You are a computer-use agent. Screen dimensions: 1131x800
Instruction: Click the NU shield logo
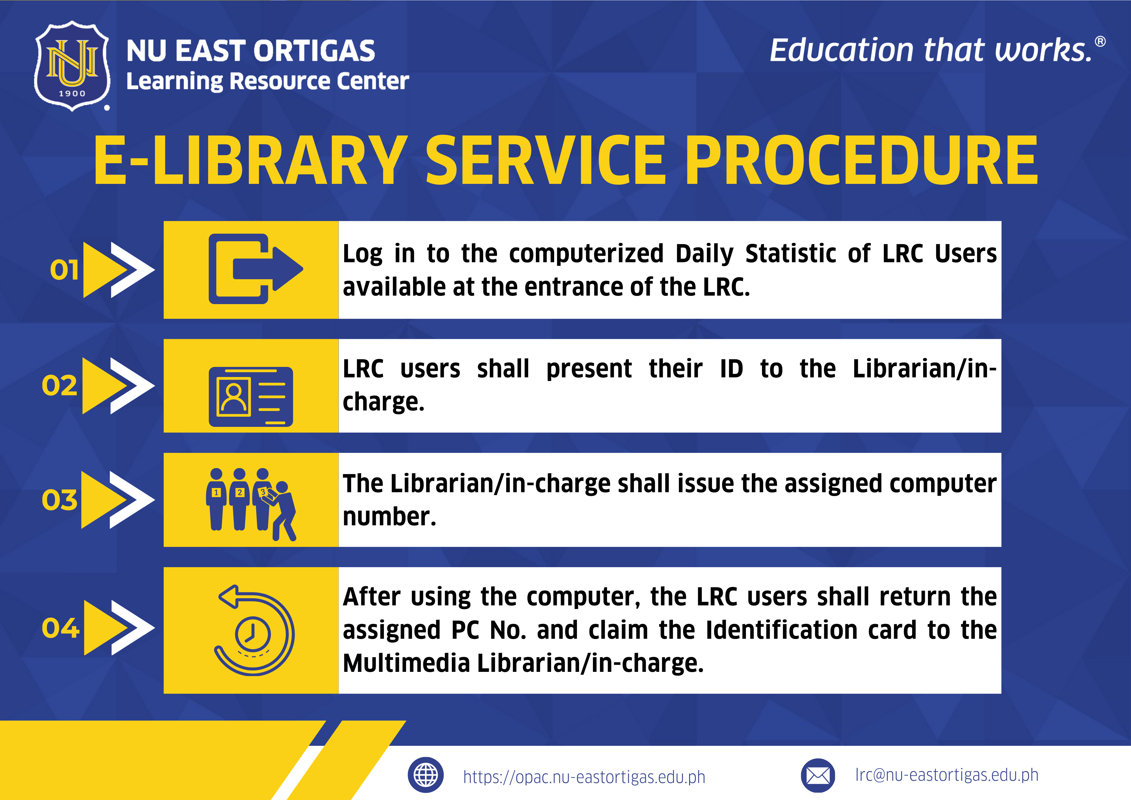(72, 66)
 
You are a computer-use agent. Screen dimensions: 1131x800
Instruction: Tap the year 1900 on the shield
(72, 93)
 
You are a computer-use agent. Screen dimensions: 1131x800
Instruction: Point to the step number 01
(64, 270)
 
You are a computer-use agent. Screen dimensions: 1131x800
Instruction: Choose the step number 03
(59, 500)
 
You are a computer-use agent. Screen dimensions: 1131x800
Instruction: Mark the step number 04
(60, 628)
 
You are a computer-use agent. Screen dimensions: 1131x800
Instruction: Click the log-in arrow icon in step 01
(255, 269)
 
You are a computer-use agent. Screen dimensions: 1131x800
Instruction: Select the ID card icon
(251, 396)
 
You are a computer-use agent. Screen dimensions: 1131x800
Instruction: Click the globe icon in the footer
(426, 775)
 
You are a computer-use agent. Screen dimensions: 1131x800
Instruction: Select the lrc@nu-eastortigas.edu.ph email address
(947, 775)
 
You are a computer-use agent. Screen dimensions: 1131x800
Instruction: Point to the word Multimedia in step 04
(406, 663)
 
